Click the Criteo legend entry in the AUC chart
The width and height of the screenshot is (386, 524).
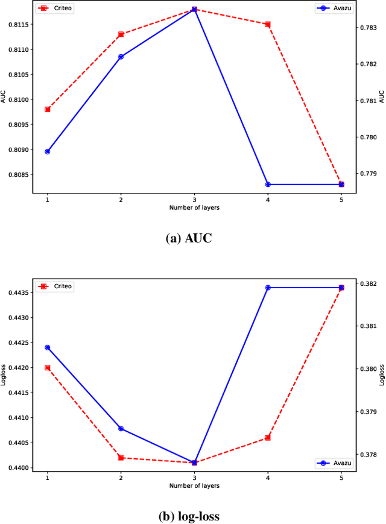(x=55, y=9)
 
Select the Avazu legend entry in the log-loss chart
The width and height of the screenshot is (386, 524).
(x=334, y=463)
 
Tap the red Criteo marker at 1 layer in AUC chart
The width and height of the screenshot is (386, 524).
(x=47, y=109)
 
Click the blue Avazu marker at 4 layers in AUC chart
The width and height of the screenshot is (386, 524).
(x=268, y=185)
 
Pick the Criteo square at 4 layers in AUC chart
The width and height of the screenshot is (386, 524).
(x=268, y=24)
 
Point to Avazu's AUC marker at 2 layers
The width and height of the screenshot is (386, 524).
(x=121, y=57)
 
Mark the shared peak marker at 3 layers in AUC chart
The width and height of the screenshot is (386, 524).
(x=194, y=10)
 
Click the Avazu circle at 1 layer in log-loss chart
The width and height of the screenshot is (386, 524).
(x=47, y=347)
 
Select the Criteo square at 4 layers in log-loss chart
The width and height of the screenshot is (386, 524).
(x=268, y=438)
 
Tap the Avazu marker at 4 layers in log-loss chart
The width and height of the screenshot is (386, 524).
(x=268, y=288)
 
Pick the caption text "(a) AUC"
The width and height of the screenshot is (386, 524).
(x=189, y=238)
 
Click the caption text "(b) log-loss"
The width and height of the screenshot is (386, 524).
(x=189, y=517)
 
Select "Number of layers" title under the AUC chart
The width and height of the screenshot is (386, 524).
(x=194, y=207)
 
